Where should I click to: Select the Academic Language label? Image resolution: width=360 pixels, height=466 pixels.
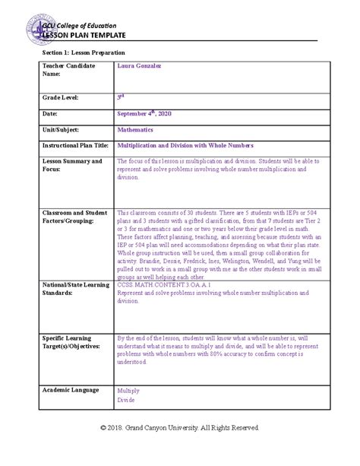point(71,390)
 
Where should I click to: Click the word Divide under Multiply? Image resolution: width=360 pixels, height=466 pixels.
point(127,399)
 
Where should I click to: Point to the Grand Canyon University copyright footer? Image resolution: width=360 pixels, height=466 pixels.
point(180,428)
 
